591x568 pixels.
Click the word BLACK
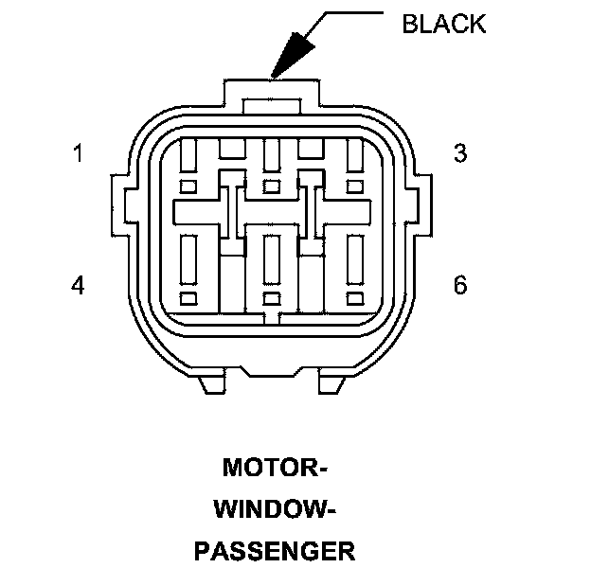click(443, 24)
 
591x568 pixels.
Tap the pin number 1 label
click(78, 153)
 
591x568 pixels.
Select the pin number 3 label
click(460, 153)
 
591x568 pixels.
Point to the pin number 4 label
click(78, 285)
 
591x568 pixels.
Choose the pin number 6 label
click(460, 285)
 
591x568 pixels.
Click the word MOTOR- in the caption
click(275, 469)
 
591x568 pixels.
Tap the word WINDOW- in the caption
click(275, 510)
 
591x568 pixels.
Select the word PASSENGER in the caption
click(275, 551)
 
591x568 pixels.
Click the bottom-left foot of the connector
click(212, 382)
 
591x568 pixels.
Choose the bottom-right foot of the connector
click(330, 382)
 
